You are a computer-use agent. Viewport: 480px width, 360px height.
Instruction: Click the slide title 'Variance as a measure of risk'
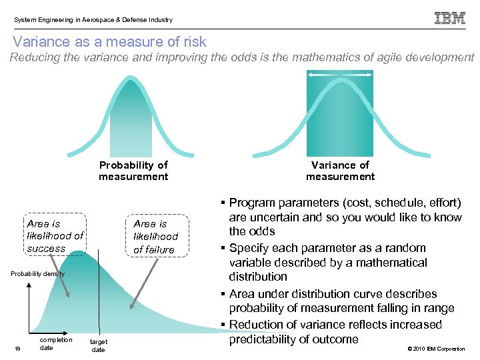[x=109, y=41]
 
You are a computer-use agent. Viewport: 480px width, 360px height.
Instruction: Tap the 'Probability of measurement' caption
[x=133, y=171]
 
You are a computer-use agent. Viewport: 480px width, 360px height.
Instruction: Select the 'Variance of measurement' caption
[x=340, y=171]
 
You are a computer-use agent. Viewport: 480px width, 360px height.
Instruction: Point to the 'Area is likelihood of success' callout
[x=55, y=236]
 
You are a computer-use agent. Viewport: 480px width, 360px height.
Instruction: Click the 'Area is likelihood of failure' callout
[x=155, y=237]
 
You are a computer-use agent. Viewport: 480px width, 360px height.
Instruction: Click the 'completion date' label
[x=56, y=343]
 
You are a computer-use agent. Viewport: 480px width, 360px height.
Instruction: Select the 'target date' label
[x=98, y=345]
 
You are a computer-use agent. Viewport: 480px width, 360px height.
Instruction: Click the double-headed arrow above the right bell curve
[x=340, y=75]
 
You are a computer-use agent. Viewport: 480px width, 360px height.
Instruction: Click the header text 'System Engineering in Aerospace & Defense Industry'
[x=93, y=20]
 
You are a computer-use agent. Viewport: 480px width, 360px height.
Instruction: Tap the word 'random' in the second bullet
[x=409, y=247]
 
